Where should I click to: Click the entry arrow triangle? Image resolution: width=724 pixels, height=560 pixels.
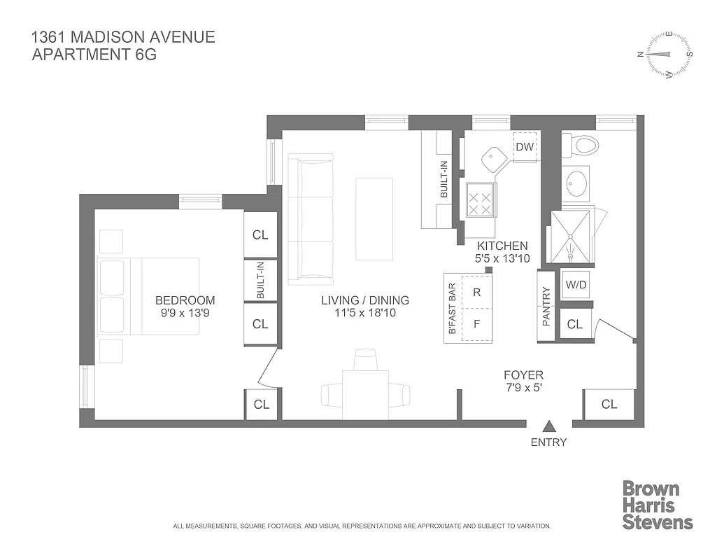549,426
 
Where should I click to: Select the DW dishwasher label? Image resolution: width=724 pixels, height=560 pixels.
524,147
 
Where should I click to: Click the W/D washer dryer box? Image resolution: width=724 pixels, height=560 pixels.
576,286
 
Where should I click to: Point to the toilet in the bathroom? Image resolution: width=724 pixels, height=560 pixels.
581,146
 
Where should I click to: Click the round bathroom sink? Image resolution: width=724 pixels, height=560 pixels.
576,183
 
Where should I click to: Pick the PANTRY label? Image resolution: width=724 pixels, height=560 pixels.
546,306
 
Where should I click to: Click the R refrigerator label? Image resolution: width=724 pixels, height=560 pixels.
476,293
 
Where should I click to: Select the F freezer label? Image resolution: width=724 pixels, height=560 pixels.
476,324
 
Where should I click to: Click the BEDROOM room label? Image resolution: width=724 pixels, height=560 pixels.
185,300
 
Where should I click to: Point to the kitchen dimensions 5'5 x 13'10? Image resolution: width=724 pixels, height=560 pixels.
501,259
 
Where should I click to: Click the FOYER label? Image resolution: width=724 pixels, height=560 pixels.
523,375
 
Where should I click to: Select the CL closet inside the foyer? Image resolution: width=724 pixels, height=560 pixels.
609,404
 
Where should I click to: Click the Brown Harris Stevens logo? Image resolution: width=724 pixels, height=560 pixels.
657,505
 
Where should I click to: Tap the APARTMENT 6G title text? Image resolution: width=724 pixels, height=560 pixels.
94,53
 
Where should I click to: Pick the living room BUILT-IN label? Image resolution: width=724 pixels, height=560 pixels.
443,179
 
